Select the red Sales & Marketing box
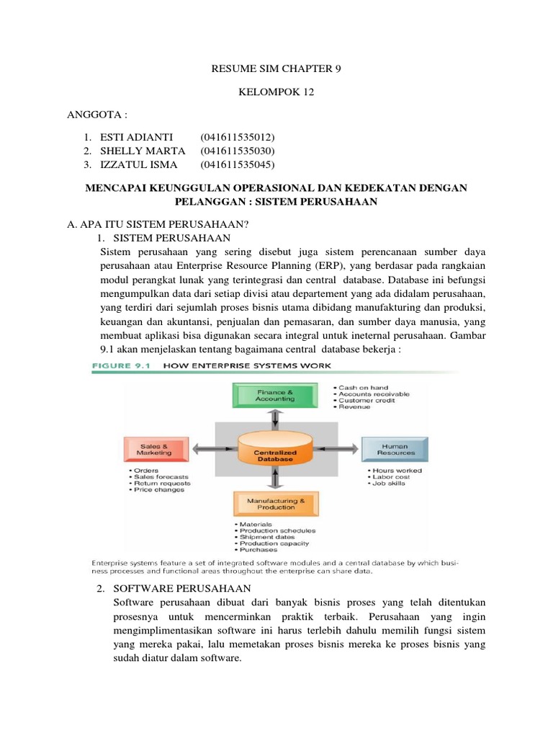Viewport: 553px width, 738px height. [x=156, y=449]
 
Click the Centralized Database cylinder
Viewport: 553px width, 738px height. [x=274, y=453]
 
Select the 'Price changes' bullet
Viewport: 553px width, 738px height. [x=158, y=490]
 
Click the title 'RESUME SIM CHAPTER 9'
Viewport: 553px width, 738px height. [x=276, y=69]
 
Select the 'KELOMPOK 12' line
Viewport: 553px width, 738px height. [x=276, y=92]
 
